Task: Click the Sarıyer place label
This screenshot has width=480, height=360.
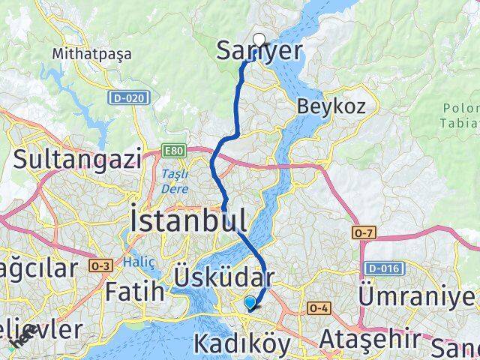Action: tap(259, 51)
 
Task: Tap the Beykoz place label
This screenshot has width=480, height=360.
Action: tap(331, 106)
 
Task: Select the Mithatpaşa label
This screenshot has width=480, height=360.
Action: tap(92, 54)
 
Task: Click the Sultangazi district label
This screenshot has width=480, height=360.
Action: tap(77, 159)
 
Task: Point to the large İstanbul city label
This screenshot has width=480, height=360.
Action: tap(188, 220)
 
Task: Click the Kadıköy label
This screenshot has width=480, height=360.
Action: tap(241, 344)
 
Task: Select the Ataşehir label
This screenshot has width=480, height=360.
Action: tap(367, 339)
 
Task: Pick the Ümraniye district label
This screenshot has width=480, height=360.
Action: tap(417, 294)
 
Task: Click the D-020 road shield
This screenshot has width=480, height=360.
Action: tap(128, 97)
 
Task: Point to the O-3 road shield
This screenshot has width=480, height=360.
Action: tap(100, 265)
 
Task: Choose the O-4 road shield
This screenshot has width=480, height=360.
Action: tap(317, 308)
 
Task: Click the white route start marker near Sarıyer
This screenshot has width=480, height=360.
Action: tap(259, 40)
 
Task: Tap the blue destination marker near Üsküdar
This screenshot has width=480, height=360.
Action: tap(250, 302)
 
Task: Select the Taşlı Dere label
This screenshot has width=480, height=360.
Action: tap(174, 181)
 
